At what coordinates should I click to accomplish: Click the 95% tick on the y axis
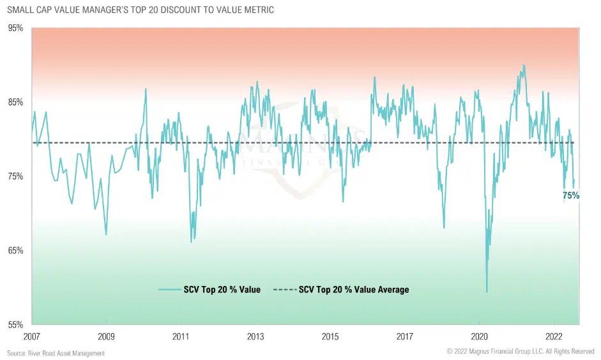pos(15,28)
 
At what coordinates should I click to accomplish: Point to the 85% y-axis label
pos(15,102)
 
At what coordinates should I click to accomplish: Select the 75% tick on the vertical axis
pos(15,176)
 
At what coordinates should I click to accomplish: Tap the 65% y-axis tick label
pos(15,250)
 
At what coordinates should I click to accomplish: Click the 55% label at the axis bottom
pos(15,324)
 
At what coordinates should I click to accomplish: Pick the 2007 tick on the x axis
pos(31,336)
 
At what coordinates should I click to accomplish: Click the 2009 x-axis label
pos(106,336)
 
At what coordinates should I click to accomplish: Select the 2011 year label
pos(181,336)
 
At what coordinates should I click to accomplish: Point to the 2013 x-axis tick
pos(255,336)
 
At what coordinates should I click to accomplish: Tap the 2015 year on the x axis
pos(330,336)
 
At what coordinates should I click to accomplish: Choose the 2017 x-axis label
pos(405,336)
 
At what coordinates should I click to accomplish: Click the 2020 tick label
pos(480,336)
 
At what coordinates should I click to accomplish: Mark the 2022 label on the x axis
pos(554,336)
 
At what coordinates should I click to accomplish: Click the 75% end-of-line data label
pos(570,196)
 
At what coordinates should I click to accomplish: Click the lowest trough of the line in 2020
pos(487,292)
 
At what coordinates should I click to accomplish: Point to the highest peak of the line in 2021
pos(524,65)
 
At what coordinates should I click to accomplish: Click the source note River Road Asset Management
pos(56,353)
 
